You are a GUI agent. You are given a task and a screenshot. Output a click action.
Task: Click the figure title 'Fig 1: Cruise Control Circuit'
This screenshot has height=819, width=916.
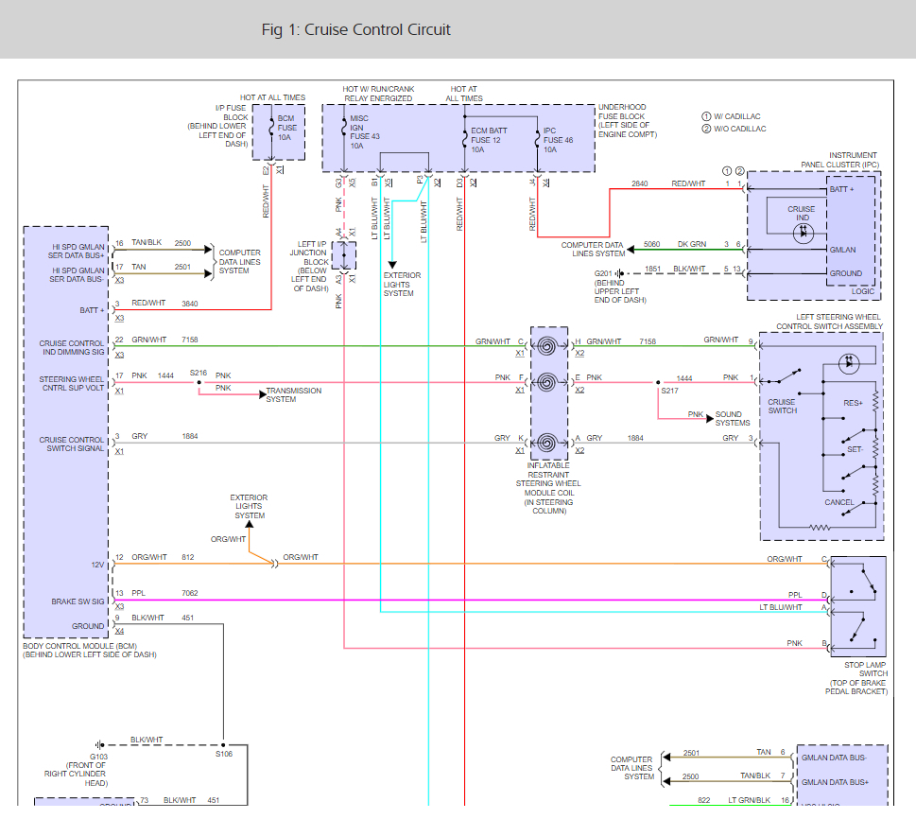[x=355, y=30]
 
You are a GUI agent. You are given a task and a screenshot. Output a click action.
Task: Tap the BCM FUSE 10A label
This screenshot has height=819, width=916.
[x=286, y=128]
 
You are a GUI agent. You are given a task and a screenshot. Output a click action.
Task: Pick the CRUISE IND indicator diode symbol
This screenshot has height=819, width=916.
[x=804, y=234]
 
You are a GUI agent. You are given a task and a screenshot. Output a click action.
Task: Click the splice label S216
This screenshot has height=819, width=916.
[x=198, y=373]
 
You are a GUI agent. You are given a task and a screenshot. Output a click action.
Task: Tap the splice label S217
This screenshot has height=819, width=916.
[x=669, y=391]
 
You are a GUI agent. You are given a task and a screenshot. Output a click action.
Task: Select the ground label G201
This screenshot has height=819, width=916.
[x=603, y=273]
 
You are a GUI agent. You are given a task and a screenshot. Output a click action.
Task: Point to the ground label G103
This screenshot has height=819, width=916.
[x=98, y=757]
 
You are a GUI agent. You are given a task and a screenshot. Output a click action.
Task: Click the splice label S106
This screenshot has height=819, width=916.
[x=224, y=754]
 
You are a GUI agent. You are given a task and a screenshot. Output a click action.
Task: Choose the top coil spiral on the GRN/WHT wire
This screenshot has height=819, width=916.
[x=546, y=347]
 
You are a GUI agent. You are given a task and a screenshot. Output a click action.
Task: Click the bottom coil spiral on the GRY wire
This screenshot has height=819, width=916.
[x=546, y=444]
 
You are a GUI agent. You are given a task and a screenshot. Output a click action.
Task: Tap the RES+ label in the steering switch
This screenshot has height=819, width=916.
[x=853, y=403]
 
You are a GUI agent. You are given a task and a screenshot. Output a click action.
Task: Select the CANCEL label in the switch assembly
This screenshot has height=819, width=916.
[x=838, y=502]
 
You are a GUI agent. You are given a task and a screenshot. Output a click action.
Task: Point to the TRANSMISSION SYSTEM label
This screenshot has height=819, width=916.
[x=293, y=394]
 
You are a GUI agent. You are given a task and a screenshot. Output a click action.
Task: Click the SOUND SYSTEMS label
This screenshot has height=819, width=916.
[x=733, y=419]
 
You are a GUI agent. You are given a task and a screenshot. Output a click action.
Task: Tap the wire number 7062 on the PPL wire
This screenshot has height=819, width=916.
[x=190, y=593]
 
